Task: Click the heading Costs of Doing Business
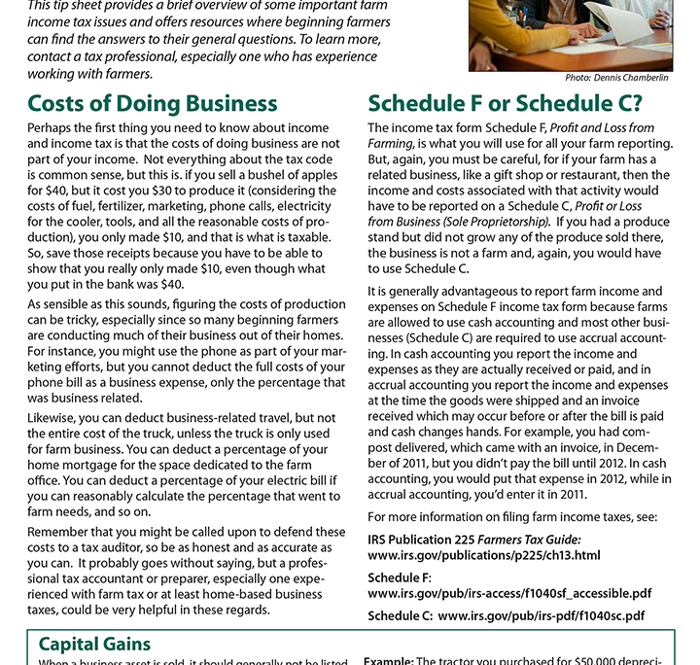153,103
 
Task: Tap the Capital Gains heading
94,644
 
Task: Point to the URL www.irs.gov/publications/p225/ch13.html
484,555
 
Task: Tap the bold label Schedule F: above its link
399,577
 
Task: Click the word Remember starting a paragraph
60,532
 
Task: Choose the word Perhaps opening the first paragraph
53,127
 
